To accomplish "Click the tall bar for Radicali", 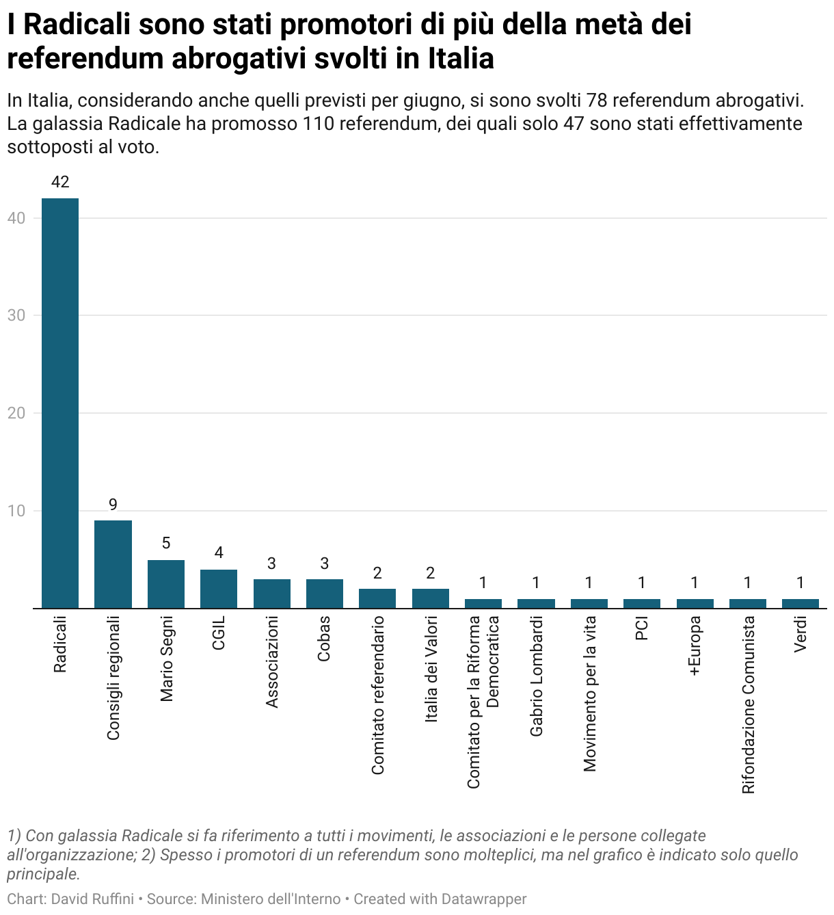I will pyautogui.click(x=60, y=403).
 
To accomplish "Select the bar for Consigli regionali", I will pyautogui.click(x=113, y=564).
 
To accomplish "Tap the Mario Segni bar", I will pyautogui.click(x=166, y=584).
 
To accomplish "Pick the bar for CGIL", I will pyautogui.click(x=219, y=589).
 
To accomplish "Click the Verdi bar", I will pyautogui.click(x=801, y=604).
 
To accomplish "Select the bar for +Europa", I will pyautogui.click(x=695, y=604).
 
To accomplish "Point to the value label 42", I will pyautogui.click(x=60, y=182).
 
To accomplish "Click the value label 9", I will pyautogui.click(x=113, y=505).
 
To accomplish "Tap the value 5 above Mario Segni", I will pyautogui.click(x=166, y=544).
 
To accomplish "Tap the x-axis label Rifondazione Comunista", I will pyautogui.click(x=748, y=704).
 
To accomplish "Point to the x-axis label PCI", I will pyautogui.click(x=642, y=628).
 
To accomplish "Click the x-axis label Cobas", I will pyautogui.click(x=324, y=638).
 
